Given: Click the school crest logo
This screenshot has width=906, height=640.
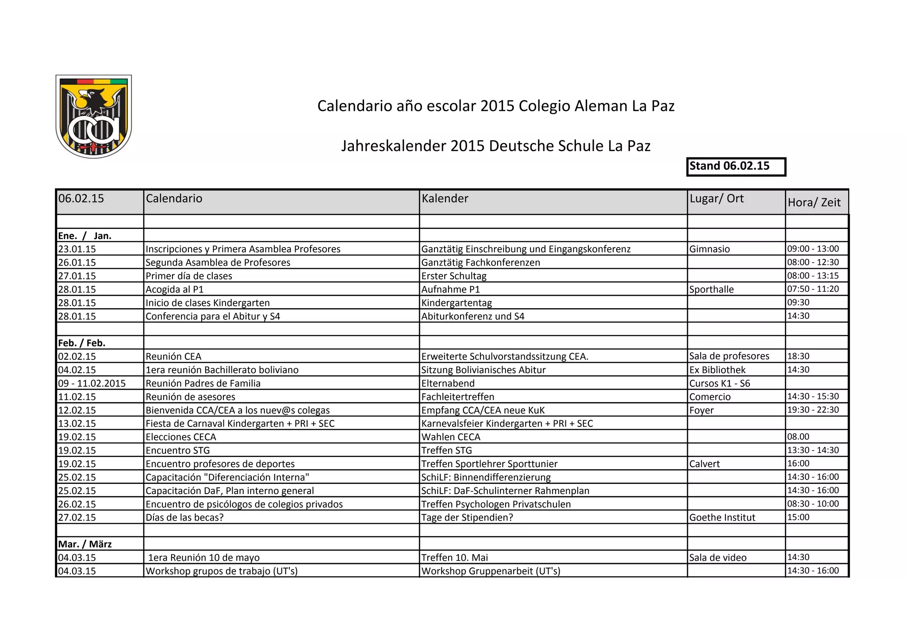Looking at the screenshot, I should pos(94,116).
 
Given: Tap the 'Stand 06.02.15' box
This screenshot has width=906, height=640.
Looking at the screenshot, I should pos(736,167).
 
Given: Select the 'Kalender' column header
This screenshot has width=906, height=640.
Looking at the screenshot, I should pos(445,198).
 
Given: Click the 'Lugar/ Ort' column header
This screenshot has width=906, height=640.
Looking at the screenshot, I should pos(716,198).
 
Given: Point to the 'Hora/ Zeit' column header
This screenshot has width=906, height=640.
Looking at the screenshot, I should pos(814,202).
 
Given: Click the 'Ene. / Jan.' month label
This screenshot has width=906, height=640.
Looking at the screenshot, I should pos(84,236).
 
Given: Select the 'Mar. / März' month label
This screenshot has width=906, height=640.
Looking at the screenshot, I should pos(84,544).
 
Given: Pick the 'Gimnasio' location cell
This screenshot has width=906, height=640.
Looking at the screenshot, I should pos(710,249).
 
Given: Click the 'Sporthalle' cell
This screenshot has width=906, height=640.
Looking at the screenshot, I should pos(711,289).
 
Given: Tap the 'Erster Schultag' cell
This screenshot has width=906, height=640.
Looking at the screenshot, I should pos(454,276).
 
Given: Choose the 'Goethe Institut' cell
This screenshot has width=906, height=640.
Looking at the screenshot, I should pos(722,517).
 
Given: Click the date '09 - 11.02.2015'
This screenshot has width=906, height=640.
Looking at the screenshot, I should pos(92,383).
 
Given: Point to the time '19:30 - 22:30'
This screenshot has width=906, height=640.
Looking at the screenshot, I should pos(813,410).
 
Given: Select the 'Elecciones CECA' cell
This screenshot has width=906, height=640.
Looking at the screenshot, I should pos(181,437).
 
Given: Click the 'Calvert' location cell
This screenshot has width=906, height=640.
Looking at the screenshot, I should pos(704,464).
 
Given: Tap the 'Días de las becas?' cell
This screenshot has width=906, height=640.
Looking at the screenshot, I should pos(184,517).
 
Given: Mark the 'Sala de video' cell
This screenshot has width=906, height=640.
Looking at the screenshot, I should pos(718,557).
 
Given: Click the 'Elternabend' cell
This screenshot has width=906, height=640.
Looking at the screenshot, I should pos(448,383).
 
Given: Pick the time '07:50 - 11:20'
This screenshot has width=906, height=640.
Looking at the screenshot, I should pos(813,289).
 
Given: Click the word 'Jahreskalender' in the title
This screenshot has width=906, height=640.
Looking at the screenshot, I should pos(394,146).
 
